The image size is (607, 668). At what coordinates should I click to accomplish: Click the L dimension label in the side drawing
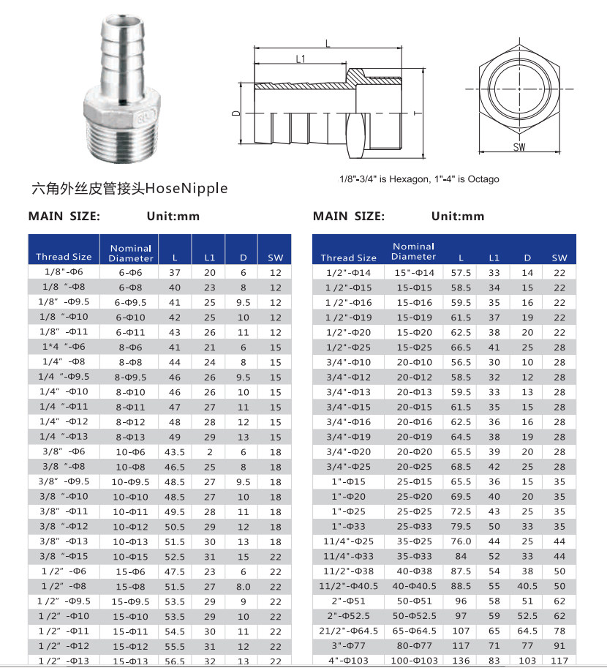[x=327, y=44]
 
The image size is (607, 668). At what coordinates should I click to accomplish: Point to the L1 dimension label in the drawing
[x=301, y=59]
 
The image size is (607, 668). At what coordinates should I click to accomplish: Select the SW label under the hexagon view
[x=520, y=147]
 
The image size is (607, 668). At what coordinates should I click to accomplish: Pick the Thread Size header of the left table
[x=64, y=257]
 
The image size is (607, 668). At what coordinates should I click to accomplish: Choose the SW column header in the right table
[x=559, y=258]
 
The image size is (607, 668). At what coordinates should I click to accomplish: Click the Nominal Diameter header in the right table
[x=413, y=252]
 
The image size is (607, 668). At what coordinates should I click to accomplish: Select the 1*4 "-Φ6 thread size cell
[x=64, y=347]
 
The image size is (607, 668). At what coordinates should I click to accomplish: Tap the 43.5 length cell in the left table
[x=174, y=451]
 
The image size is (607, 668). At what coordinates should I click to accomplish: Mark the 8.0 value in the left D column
[x=244, y=587]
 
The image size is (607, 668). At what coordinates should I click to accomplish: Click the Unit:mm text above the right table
[x=458, y=216]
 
